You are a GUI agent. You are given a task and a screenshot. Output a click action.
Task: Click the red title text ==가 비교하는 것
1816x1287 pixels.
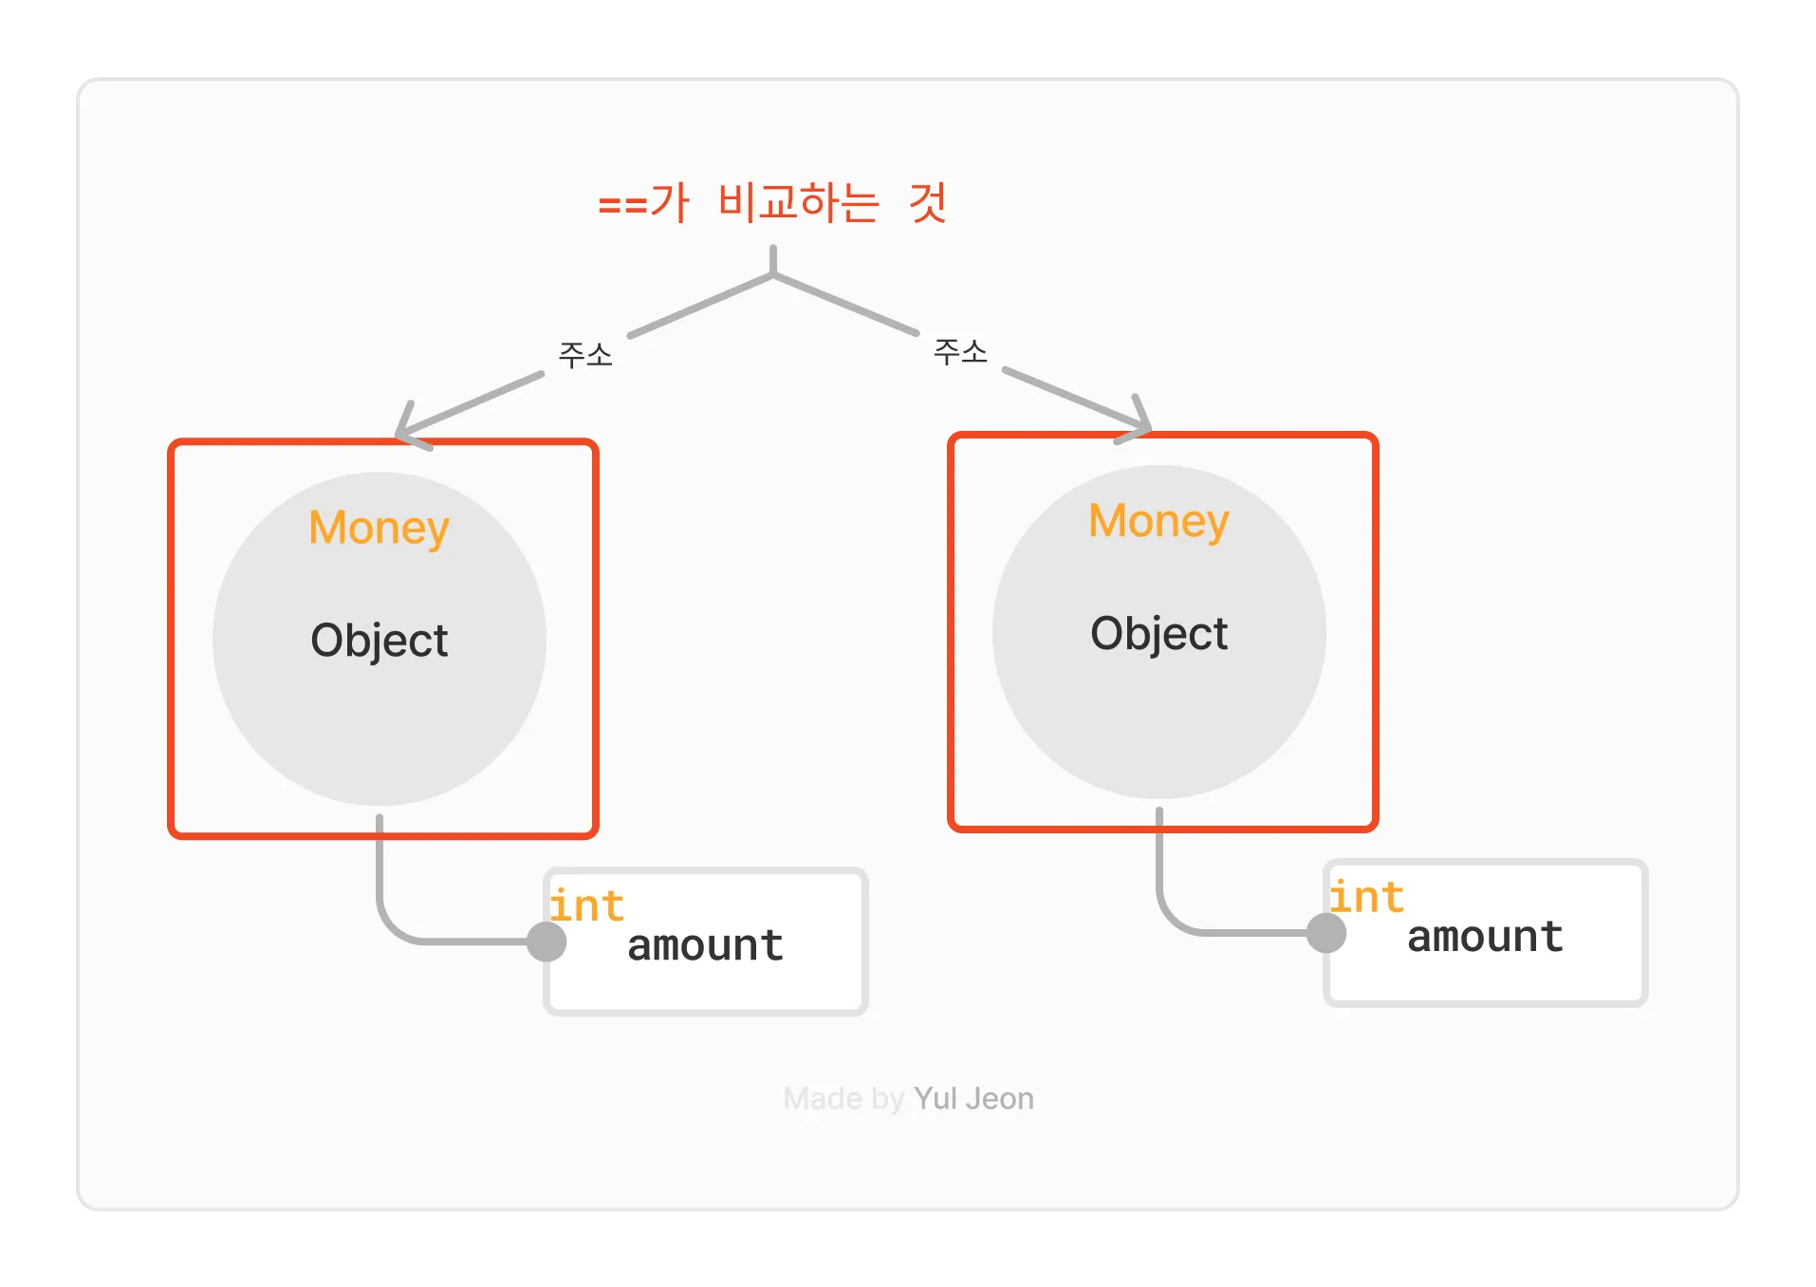tap(772, 202)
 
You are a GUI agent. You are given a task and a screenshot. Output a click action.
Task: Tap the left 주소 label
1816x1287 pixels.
tap(585, 355)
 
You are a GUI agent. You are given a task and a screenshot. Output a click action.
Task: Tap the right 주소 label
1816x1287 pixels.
tap(960, 352)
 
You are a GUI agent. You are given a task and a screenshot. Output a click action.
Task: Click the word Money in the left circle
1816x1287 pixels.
tap(379, 528)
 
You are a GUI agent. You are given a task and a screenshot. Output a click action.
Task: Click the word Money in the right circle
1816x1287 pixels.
tap(1158, 521)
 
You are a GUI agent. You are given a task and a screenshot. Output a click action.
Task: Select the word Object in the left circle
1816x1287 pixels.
tap(379, 641)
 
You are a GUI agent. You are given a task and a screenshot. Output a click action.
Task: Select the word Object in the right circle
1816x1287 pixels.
tap(1158, 634)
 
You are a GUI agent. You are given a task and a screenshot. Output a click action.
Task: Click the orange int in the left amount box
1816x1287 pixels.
tap(586, 905)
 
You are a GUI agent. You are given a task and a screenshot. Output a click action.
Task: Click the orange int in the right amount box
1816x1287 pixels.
tap(1366, 897)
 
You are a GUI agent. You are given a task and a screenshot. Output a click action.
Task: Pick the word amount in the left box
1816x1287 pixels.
tap(705, 945)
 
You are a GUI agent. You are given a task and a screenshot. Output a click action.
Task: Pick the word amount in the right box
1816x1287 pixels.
tap(1485, 937)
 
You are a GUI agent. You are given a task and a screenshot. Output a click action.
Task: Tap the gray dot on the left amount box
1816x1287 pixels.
tap(547, 942)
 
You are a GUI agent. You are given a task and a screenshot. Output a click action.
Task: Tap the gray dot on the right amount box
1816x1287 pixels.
tap(1326, 933)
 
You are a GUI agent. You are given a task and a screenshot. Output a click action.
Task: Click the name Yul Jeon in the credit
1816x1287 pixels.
tap(973, 1098)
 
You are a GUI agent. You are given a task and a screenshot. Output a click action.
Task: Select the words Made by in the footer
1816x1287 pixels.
tap(843, 1098)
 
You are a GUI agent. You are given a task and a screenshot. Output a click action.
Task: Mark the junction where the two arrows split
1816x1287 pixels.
tap(773, 275)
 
